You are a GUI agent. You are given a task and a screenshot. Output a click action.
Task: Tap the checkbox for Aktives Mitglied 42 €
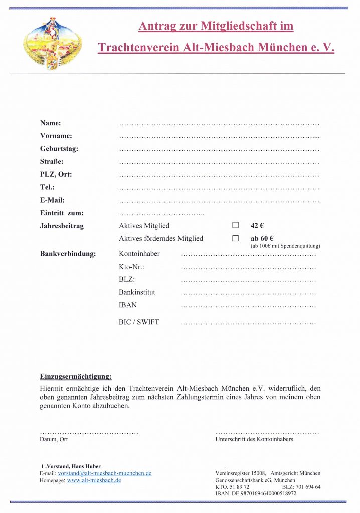(235, 226)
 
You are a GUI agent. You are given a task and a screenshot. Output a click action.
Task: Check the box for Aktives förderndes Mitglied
(235, 239)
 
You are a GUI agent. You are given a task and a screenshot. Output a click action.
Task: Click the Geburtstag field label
(59, 149)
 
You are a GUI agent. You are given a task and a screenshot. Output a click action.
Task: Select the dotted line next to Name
(219, 123)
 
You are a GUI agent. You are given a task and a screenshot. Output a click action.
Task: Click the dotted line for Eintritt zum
(161, 214)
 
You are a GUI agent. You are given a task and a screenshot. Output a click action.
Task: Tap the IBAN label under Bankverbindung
(128, 305)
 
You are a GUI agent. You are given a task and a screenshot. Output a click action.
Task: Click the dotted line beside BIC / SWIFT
(248, 323)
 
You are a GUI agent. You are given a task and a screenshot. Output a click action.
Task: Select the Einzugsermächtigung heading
(76, 376)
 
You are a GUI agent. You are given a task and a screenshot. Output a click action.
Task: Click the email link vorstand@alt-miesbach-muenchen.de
(105, 473)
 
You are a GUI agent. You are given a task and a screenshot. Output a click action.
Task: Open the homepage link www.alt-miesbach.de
(94, 480)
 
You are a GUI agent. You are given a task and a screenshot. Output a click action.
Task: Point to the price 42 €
(257, 226)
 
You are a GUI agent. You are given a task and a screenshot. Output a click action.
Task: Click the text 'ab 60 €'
(262, 239)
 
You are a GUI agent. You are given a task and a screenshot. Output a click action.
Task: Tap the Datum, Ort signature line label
(54, 439)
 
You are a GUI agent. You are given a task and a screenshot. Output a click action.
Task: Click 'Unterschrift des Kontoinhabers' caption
(254, 439)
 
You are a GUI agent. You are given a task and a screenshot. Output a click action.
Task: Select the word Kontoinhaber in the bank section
(139, 254)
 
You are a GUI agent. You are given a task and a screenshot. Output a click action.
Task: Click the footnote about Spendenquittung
(285, 246)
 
